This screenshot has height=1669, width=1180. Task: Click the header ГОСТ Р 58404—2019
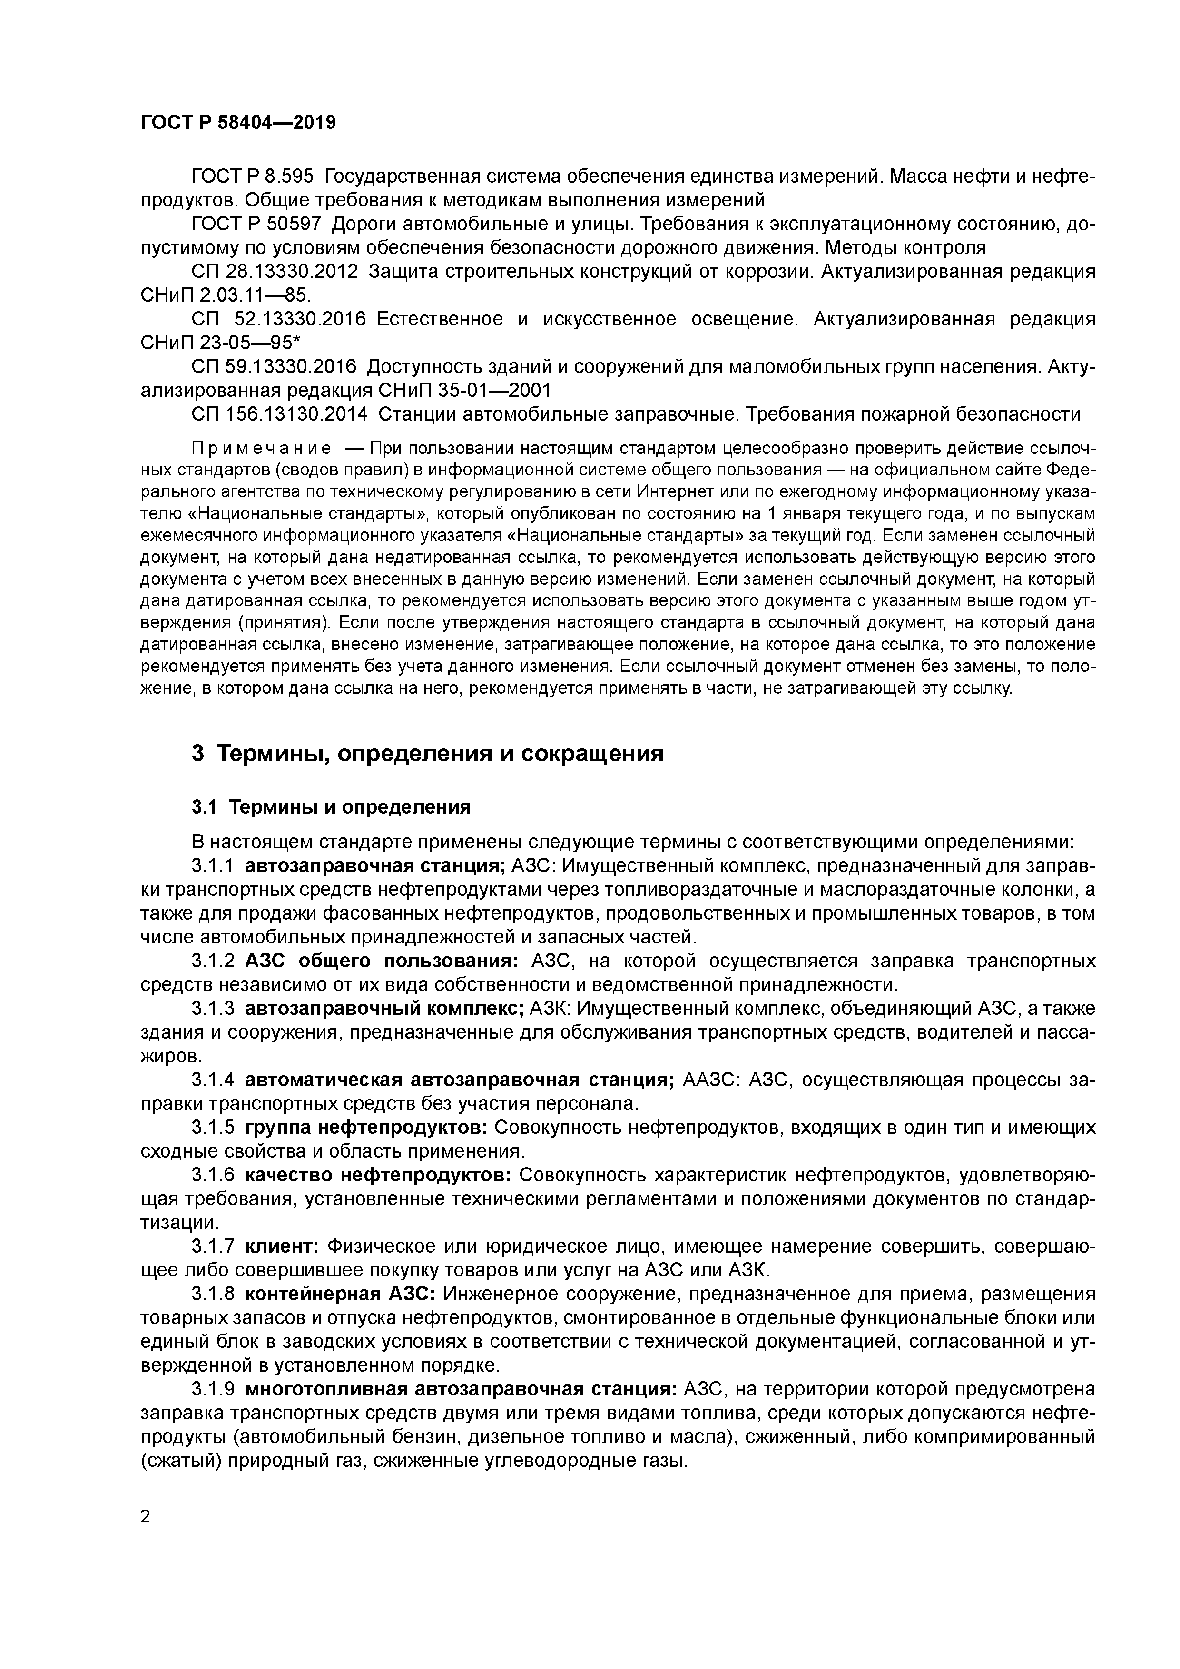pos(238,122)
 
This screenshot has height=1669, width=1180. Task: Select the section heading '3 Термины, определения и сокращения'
pos(427,753)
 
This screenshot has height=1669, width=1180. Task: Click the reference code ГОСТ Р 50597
pos(252,224)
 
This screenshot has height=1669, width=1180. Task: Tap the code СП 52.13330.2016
pos(278,319)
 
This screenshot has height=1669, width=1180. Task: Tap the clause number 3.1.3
pos(213,1009)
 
